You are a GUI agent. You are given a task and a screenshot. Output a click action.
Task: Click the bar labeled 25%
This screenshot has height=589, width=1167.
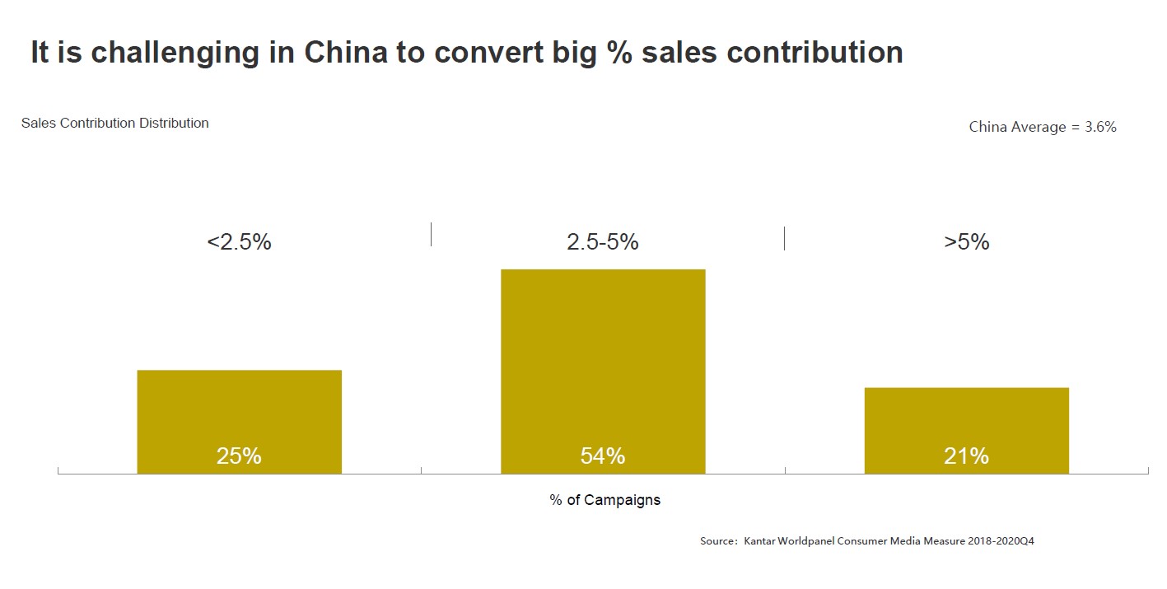click(x=239, y=412)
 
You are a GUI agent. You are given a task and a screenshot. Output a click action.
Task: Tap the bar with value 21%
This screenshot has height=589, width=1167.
click(x=966, y=420)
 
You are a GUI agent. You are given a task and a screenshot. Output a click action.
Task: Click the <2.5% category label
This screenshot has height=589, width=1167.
click(x=239, y=242)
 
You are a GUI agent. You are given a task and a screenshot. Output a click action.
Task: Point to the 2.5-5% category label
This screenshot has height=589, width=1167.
click(x=603, y=242)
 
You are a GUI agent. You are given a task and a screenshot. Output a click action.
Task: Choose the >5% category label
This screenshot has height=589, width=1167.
click(x=967, y=242)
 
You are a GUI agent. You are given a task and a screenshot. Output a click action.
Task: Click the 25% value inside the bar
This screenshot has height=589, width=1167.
click(x=239, y=456)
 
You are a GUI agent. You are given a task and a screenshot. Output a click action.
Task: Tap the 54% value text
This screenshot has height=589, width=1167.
click(x=603, y=456)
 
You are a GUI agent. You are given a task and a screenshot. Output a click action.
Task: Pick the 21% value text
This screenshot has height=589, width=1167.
click(x=966, y=456)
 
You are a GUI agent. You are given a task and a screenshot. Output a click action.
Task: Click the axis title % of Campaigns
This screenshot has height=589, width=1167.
click(x=605, y=500)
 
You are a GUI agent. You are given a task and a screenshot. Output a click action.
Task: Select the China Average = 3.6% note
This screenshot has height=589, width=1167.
click(x=1043, y=127)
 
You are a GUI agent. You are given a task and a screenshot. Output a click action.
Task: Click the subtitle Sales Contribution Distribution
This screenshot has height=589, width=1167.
click(x=115, y=124)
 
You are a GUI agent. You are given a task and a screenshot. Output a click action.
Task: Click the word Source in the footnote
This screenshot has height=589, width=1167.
click(x=717, y=541)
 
